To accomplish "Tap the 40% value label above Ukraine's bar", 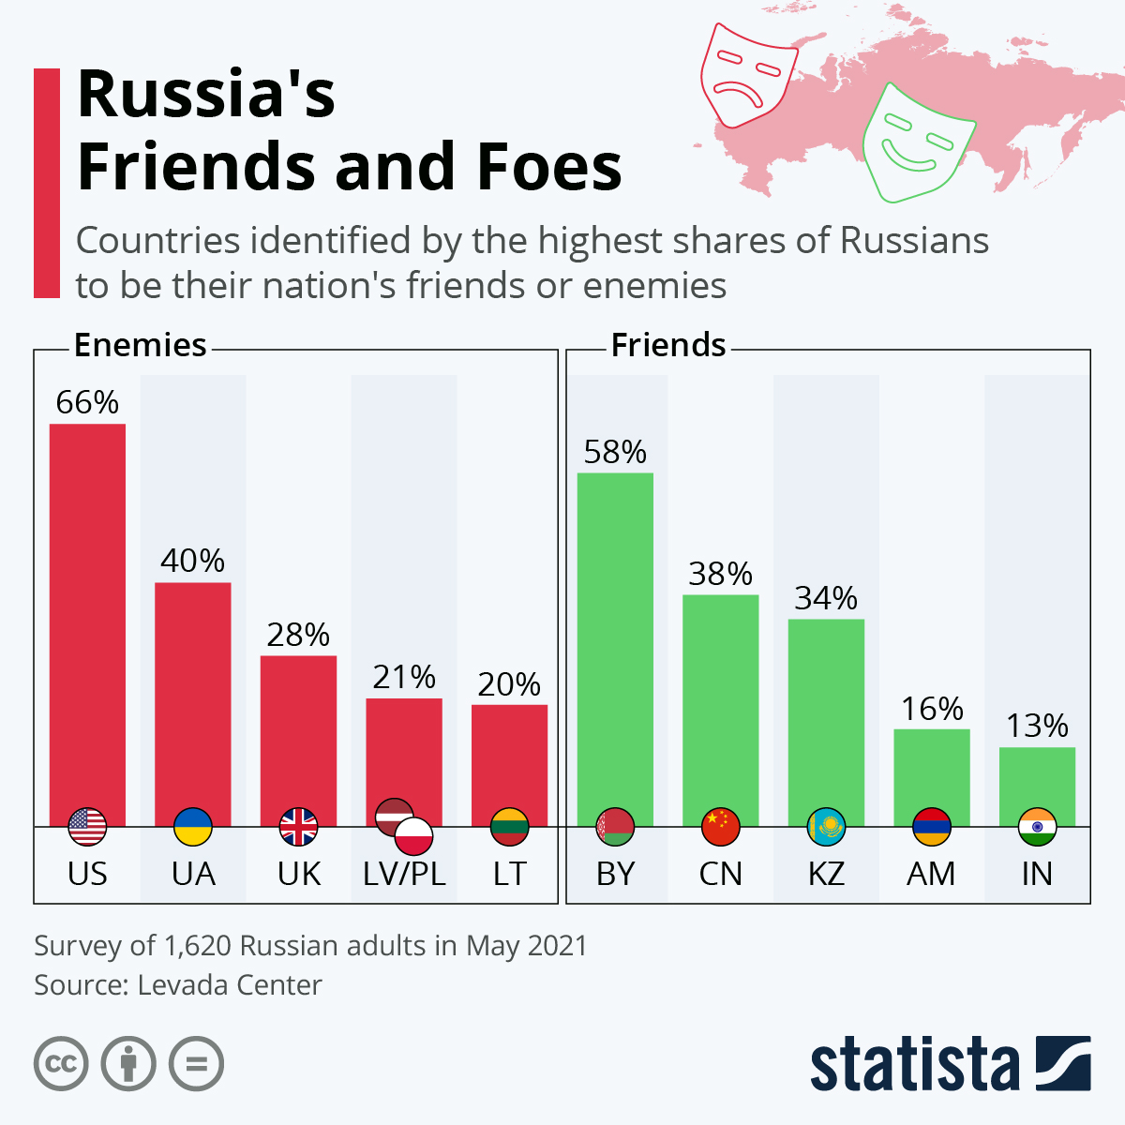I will point(192,561).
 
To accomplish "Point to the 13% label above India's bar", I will point(1037,726).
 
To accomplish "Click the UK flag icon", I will point(299,827).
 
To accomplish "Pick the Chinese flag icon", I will point(721,827).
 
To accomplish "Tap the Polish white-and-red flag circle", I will point(413,835).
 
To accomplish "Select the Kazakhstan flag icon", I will point(826,827).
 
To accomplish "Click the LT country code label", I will point(509,874).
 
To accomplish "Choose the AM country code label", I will point(931,874).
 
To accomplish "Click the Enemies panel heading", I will point(140,346).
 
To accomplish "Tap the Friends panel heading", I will point(668,346).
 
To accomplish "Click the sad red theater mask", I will point(746,75).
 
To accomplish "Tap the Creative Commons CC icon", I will point(61,1064).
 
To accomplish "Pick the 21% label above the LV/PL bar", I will point(404,677).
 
